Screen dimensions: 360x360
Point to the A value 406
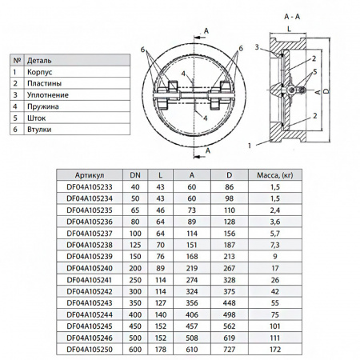pos(192,314)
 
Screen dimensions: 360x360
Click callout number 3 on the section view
pos(258,49)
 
